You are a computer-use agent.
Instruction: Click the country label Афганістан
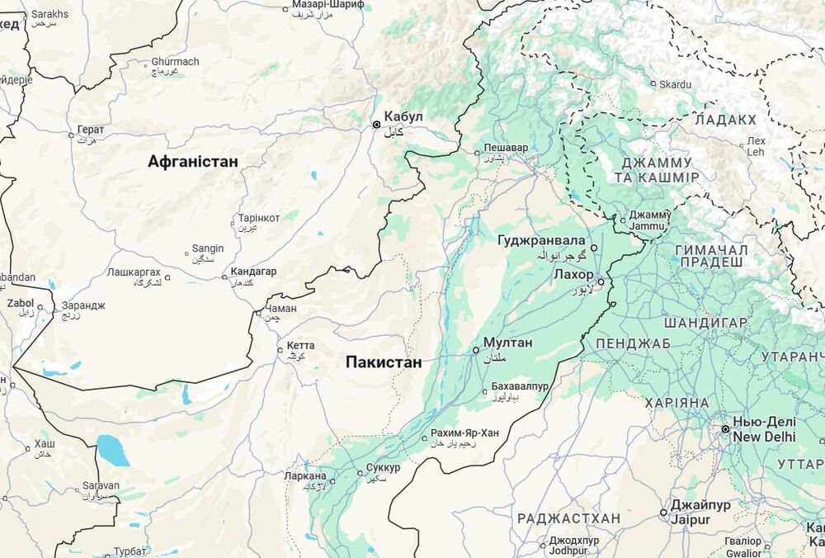point(193,162)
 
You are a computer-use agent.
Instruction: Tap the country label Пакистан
point(384,362)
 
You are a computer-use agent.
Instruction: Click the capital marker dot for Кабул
point(377,125)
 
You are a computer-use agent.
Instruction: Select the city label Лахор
point(573,274)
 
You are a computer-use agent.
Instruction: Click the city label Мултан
point(507,343)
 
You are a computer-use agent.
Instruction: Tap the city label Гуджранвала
point(542,240)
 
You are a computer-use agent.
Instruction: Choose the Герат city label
point(91,130)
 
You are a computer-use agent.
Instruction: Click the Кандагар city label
point(253,272)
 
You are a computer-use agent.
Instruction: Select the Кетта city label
point(301,346)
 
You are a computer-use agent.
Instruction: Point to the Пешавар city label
point(506,148)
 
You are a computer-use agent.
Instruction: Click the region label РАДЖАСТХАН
point(568,518)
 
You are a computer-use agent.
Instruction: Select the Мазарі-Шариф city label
point(328,5)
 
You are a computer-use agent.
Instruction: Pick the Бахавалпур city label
point(520,386)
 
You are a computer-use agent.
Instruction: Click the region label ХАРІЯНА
point(676,403)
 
